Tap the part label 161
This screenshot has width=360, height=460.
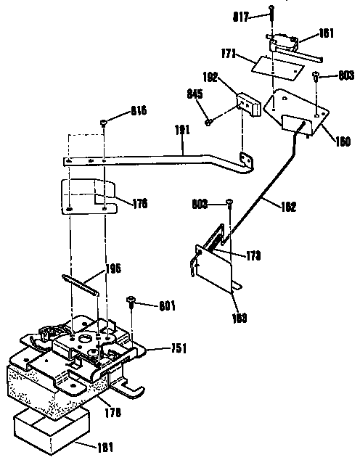click(307, 33)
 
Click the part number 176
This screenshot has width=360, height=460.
click(139, 204)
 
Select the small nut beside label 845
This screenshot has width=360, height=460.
click(208, 121)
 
